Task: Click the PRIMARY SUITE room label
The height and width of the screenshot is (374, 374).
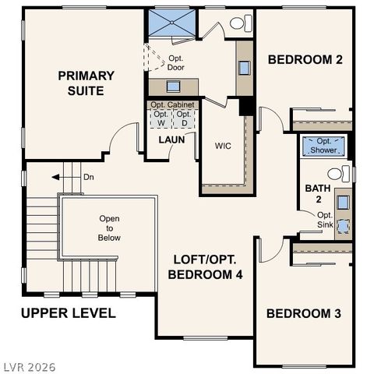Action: coord(86,83)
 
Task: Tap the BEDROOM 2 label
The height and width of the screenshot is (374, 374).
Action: coord(305,59)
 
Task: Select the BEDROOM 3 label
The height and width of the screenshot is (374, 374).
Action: coord(304,313)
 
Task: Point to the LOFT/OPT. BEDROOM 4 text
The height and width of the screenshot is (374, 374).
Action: coord(206,267)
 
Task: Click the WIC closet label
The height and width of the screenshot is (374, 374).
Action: coord(223,145)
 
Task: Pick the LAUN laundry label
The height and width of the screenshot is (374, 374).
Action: coord(171,140)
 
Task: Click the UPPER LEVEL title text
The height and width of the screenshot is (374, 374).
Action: coord(69,313)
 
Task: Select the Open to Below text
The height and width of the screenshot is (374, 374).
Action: coord(109,228)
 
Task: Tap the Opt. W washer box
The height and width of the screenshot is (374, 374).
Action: coord(161,118)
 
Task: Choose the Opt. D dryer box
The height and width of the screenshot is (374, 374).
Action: coord(184,118)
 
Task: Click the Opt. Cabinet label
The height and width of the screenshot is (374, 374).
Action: coord(173,104)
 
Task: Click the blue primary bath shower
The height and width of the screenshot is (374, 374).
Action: coord(173,23)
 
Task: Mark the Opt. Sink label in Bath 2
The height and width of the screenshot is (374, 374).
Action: coord(324,220)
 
